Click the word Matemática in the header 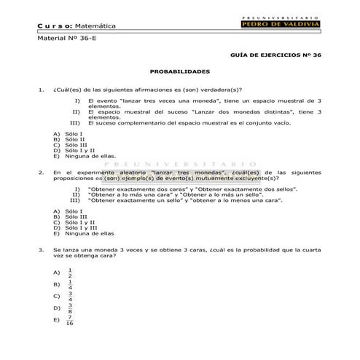[x=96, y=26]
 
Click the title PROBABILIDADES [x=179, y=71]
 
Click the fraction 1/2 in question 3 [x=70, y=272]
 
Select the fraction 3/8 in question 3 [x=70, y=308]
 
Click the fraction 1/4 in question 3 [x=70, y=283]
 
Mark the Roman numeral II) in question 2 [x=75, y=194]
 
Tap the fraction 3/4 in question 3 [x=70, y=296]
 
